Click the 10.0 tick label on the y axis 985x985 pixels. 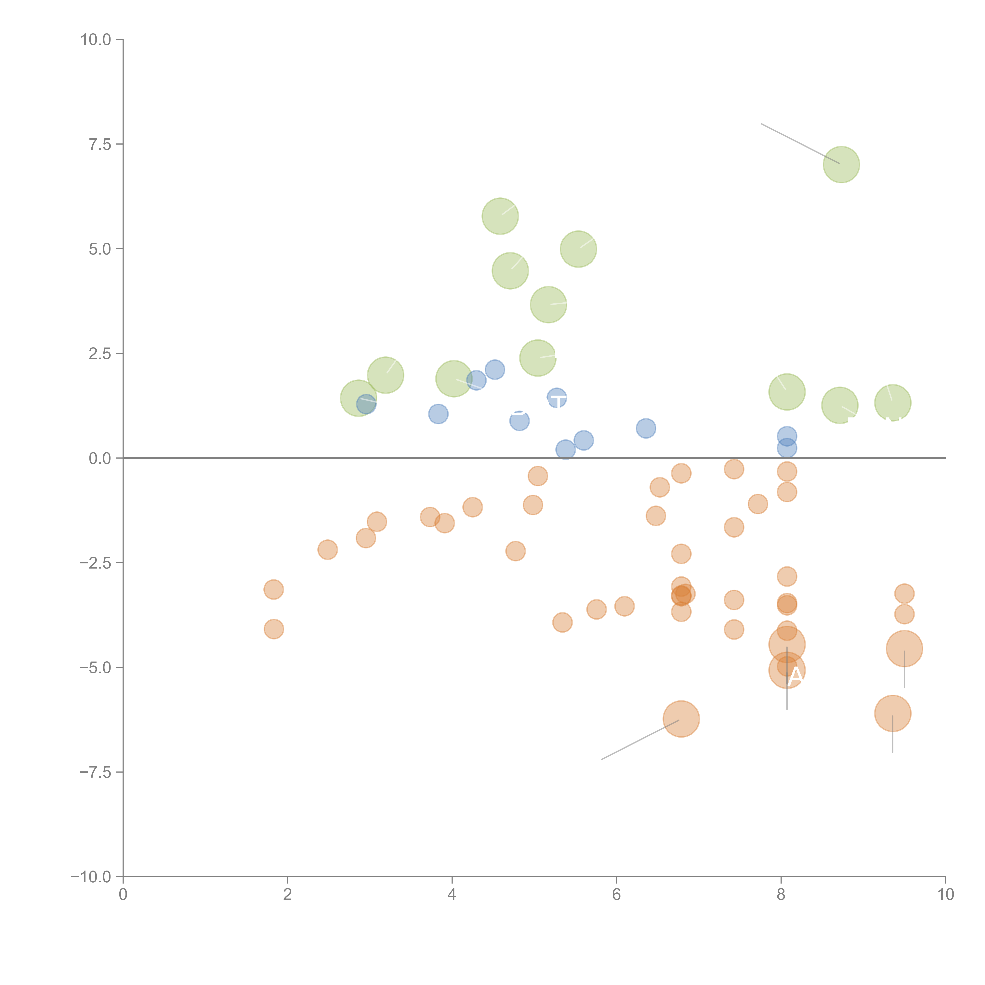click(96, 40)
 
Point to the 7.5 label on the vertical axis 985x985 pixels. click(100, 144)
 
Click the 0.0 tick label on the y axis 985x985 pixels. click(100, 458)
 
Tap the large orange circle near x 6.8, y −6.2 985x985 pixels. click(681, 719)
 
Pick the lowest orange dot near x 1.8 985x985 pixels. click(274, 629)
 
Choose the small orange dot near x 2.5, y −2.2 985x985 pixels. click(327, 550)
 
